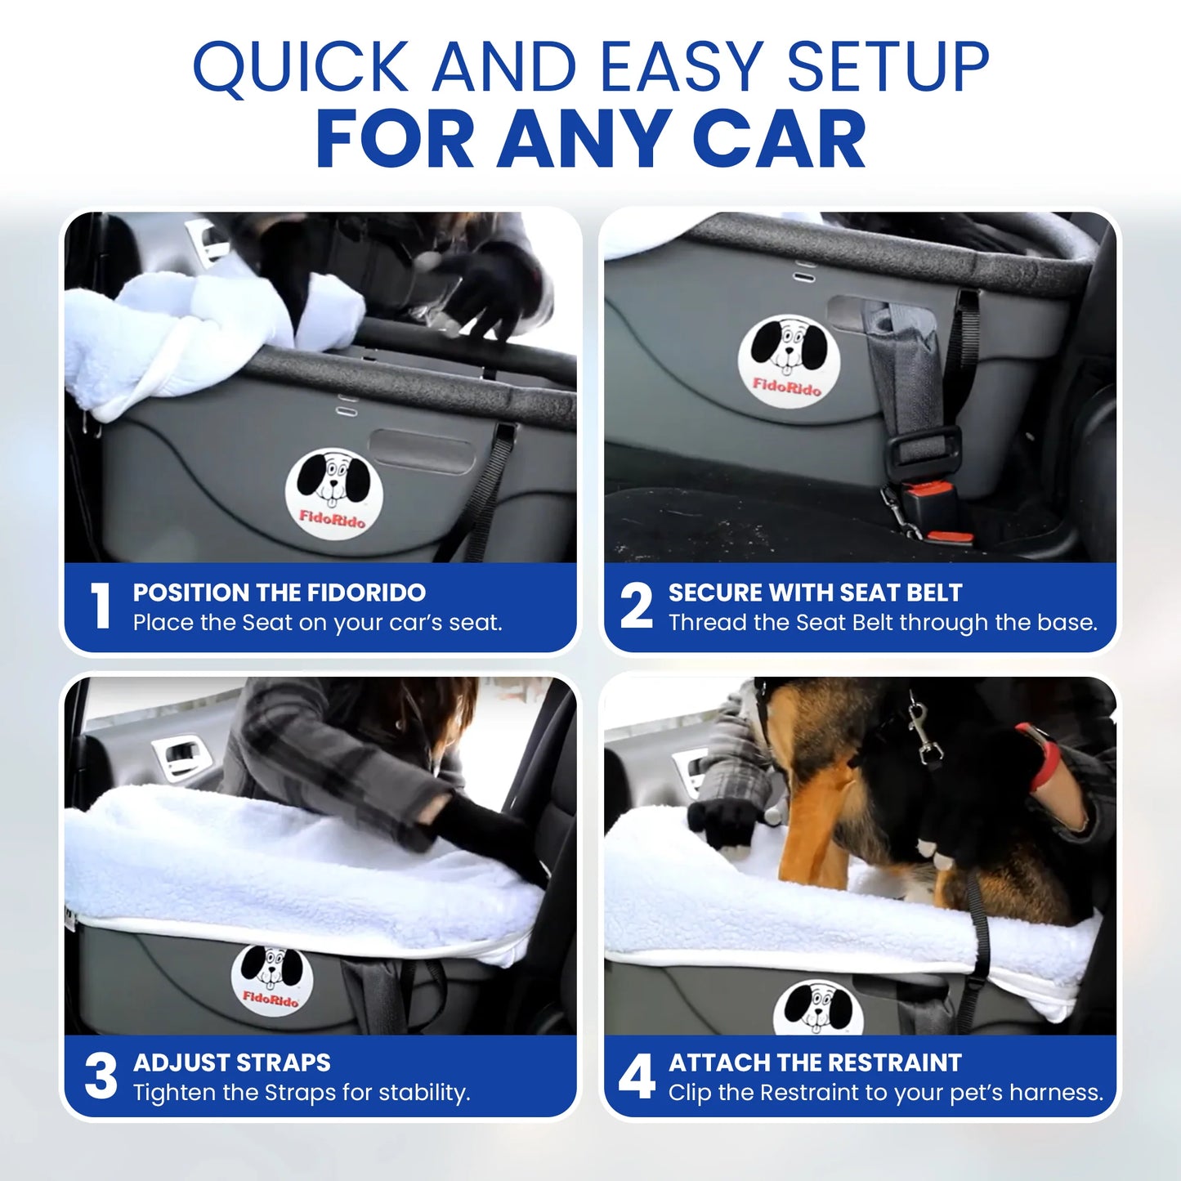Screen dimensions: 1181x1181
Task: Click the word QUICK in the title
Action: click(301, 67)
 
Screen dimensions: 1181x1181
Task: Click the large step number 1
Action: click(101, 606)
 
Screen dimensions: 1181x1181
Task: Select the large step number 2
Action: click(636, 606)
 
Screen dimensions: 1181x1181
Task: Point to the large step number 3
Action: click(101, 1076)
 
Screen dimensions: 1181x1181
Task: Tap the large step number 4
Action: click(637, 1076)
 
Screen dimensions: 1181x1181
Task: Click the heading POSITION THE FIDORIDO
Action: click(279, 593)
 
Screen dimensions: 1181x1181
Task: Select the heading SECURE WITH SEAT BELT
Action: click(815, 593)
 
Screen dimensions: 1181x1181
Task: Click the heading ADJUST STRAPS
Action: click(231, 1062)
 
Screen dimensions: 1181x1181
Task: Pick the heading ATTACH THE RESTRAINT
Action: click(815, 1062)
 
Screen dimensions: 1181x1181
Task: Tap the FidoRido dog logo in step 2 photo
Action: click(788, 360)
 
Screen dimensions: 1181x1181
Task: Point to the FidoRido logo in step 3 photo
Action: click(272, 979)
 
